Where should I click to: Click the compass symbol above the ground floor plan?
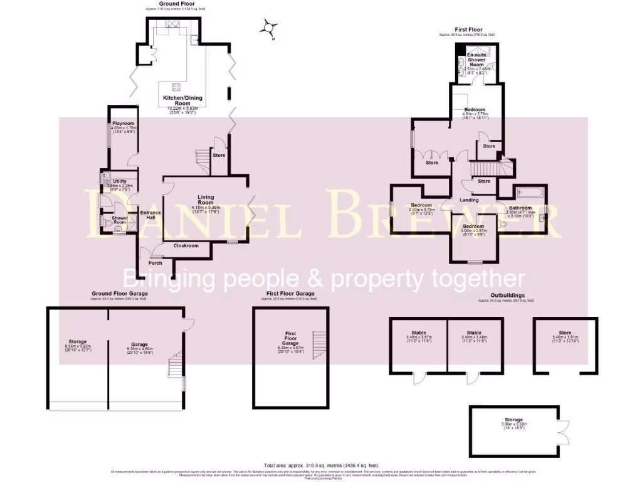(270, 28)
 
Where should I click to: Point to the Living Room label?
(203, 200)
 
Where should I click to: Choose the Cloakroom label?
(186, 245)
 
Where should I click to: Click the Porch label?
(155, 263)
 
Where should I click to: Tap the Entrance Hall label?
(150, 215)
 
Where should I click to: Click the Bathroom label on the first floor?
(520, 208)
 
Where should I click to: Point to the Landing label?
(469, 200)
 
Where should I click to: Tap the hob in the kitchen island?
(177, 87)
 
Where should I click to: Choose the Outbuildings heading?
(507, 295)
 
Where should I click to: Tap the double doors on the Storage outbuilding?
(564, 429)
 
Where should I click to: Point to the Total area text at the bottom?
(320, 464)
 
